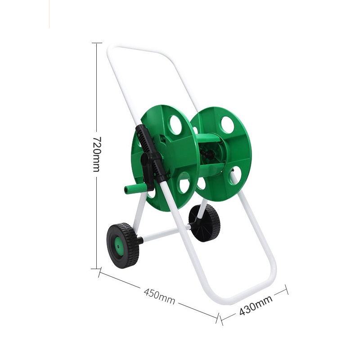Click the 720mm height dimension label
pos(96,154)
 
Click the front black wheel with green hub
pos(123,245)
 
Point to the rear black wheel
pos(204,223)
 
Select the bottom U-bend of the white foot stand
pos(243,296)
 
